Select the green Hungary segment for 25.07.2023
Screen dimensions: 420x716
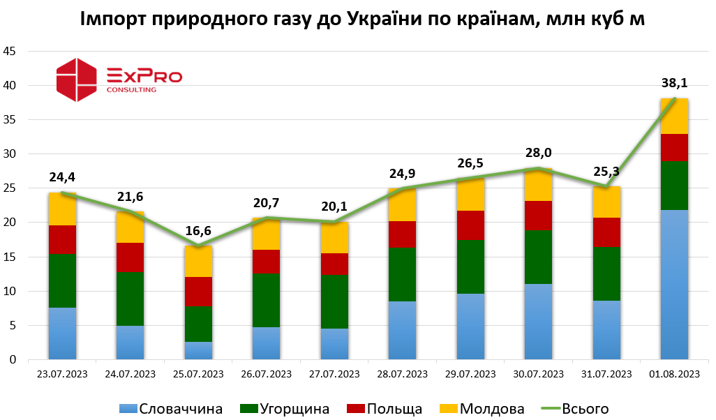tap(199, 324)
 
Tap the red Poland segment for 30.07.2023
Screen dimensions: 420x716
tap(538, 216)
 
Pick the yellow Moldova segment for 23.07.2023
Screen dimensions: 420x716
tap(62, 209)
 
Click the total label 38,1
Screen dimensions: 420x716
tap(674, 84)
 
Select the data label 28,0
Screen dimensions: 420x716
tap(538, 153)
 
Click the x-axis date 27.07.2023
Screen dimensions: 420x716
tap(334, 375)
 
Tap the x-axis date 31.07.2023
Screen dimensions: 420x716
tap(606, 375)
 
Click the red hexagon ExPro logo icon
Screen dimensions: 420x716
tap(76, 80)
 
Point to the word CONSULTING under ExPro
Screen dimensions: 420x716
tap(131, 89)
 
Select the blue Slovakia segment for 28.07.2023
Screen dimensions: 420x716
tap(403, 330)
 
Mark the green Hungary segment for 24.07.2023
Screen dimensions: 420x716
tap(130, 299)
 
